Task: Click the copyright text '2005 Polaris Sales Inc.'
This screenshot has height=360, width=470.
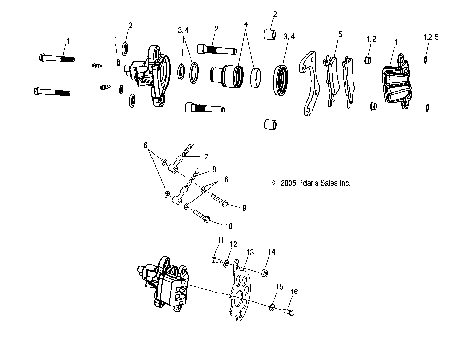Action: [x=315, y=183]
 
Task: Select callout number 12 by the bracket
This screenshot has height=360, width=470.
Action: [x=233, y=244]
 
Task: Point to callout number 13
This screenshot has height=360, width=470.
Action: [x=251, y=251]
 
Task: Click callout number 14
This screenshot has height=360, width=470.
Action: [x=272, y=252]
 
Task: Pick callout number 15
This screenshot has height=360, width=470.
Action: [x=280, y=288]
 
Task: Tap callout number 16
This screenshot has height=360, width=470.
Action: [x=294, y=292]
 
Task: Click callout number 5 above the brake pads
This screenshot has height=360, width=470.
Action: [x=339, y=34]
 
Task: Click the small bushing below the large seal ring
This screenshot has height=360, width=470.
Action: [x=274, y=124]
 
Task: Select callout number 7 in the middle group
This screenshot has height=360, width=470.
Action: [x=207, y=156]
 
